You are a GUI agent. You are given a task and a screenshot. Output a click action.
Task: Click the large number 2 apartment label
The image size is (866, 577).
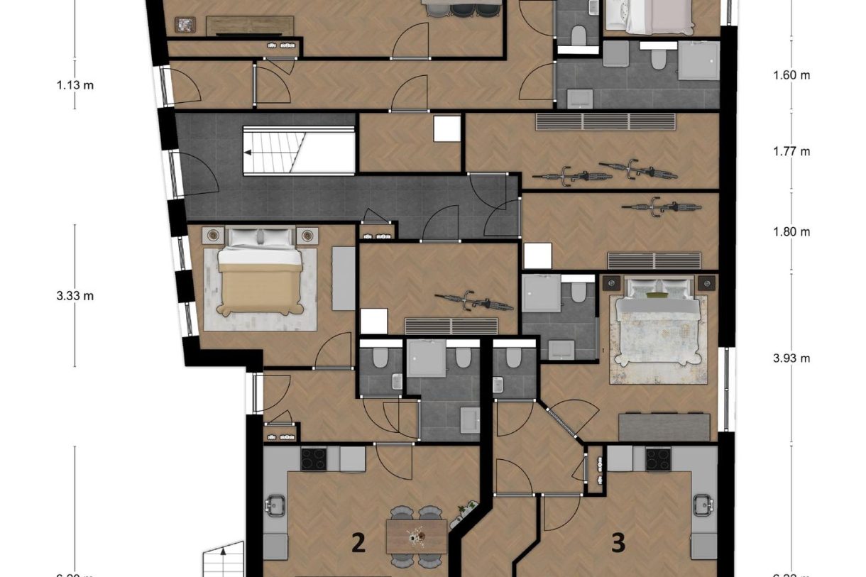358,544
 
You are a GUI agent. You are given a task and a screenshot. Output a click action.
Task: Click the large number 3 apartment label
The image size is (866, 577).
618,544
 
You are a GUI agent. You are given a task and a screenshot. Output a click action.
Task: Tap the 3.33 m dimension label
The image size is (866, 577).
75,295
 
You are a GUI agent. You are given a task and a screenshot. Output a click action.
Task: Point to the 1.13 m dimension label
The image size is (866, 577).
75,85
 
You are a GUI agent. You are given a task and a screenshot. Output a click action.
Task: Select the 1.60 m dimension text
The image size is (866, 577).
791,75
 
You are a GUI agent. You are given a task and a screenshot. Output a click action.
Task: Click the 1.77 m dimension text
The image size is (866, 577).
791,151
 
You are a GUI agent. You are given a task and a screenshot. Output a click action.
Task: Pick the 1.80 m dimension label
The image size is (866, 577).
791,231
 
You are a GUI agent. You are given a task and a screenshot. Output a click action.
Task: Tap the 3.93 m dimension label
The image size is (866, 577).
791,358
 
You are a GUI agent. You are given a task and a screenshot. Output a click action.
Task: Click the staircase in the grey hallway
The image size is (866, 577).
299,150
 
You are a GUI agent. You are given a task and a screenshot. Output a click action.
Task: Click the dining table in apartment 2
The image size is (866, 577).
417,537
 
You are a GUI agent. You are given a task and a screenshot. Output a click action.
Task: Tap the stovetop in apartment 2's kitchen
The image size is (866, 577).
314,459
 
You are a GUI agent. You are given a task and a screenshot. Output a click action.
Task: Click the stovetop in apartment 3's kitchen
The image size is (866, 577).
658,459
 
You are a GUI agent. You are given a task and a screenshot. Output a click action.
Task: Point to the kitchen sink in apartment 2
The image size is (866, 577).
275,506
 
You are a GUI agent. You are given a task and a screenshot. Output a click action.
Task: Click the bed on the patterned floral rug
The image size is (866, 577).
657,323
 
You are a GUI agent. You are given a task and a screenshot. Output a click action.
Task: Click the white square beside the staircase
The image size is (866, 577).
447,128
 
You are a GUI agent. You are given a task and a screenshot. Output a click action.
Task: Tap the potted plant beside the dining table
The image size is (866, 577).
466,508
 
